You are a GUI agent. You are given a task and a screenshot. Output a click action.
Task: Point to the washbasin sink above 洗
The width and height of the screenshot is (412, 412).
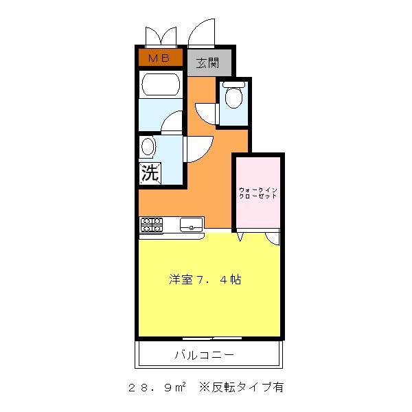[x=148, y=146]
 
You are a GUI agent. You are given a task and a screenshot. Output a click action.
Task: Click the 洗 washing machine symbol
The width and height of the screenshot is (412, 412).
[x=150, y=172]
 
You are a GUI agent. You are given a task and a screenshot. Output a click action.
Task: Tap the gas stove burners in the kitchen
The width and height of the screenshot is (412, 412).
[x=151, y=224]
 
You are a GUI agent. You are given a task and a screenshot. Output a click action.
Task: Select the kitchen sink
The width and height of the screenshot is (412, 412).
[x=191, y=224]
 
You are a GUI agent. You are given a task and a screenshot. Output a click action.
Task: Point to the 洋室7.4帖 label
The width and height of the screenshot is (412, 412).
[x=205, y=280]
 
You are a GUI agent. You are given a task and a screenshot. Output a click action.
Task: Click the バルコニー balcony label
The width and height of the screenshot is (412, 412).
[x=204, y=356]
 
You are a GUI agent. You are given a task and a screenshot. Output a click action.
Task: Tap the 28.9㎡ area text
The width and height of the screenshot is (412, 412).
[x=157, y=387]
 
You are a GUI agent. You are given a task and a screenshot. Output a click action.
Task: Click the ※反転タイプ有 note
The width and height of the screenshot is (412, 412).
[x=240, y=387]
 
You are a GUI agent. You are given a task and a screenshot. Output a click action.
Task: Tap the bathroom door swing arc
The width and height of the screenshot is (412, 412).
[x=172, y=122]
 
